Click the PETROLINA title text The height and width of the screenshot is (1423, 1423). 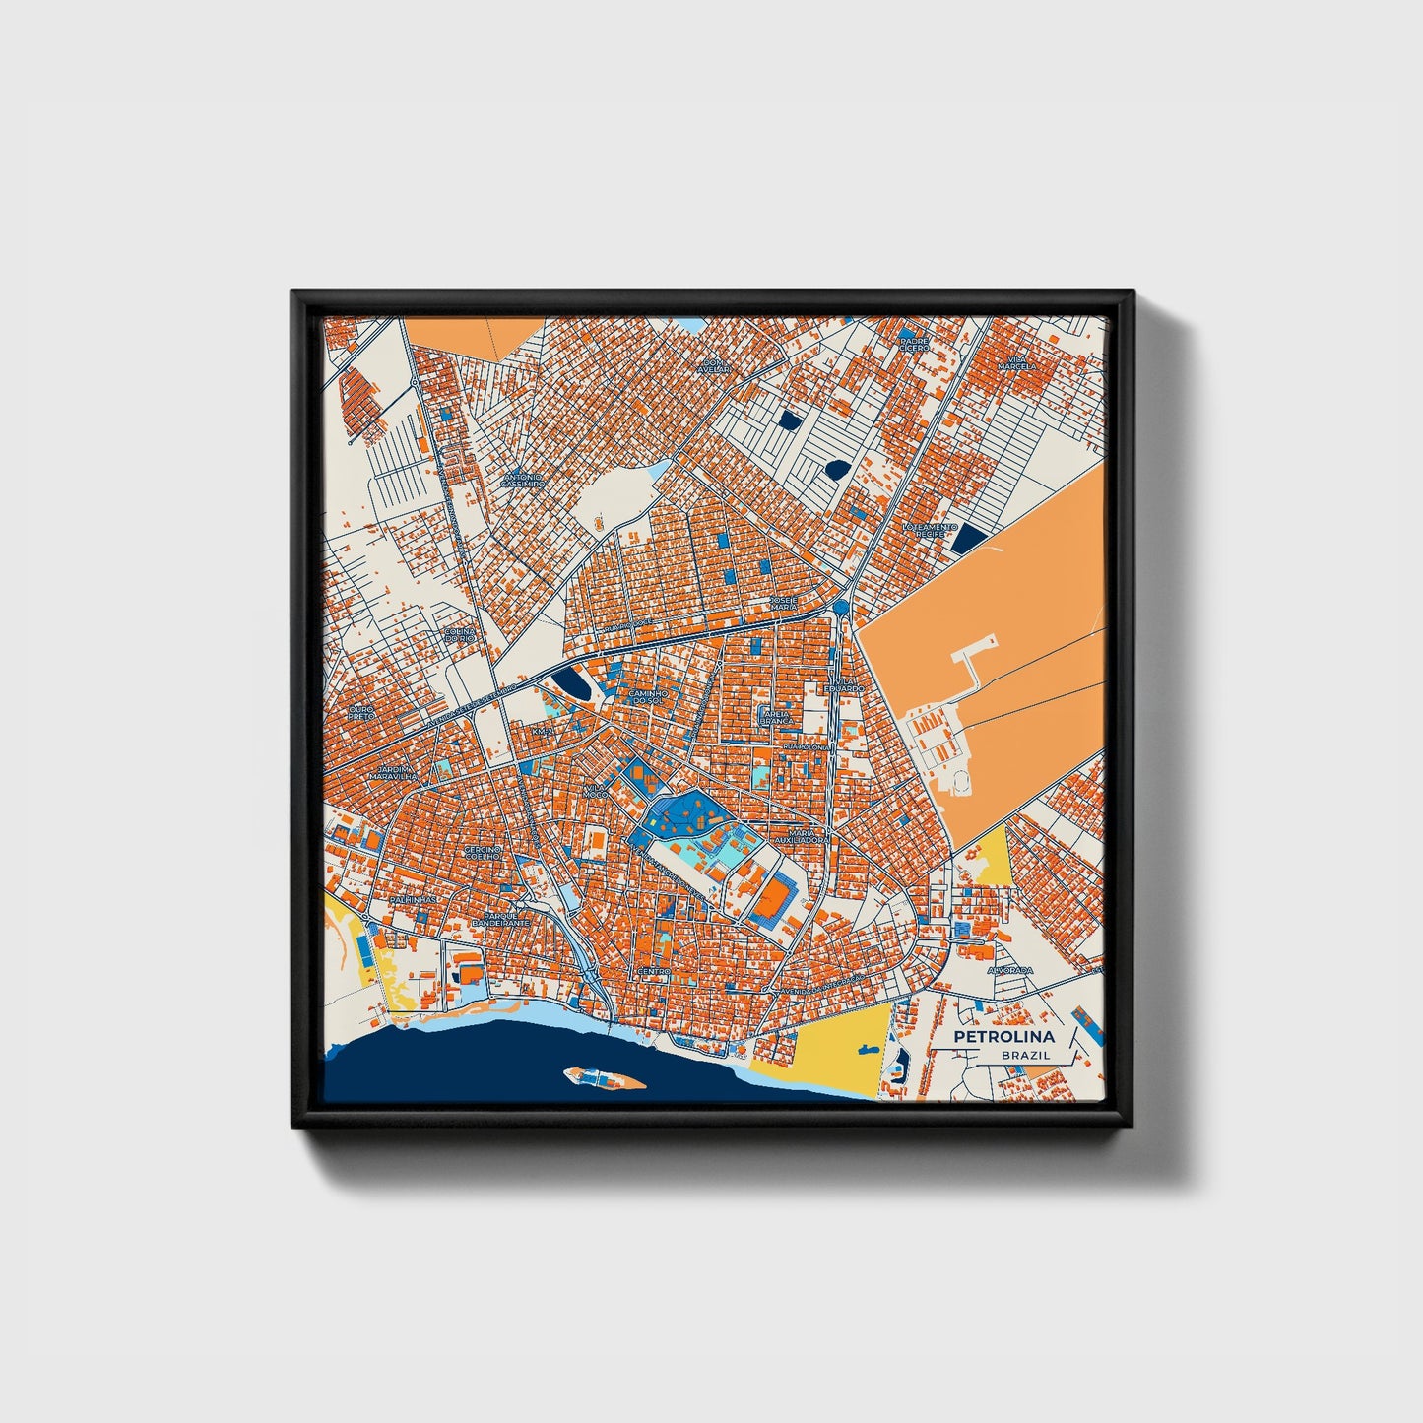click(x=1003, y=1036)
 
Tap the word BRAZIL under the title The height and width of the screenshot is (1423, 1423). click(x=1025, y=1055)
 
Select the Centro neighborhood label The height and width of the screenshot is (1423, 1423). click(x=654, y=971)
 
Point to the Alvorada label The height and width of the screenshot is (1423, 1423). click(x=1010, y=970)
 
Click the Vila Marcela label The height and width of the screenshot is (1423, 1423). click(x=1016, y=361)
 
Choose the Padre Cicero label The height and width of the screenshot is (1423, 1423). click(x=914, y=345)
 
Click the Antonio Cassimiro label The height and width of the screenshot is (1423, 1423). click(x=522, y=481)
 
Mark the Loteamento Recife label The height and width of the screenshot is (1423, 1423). click(x=930, y=530)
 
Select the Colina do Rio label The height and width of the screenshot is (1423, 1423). click(x=460, y=635)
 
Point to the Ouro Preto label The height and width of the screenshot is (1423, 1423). click(x=361, y=711)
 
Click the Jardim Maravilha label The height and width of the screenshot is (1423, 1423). click(x=393, y=772)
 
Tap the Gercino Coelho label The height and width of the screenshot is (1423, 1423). click(x=483, y=852)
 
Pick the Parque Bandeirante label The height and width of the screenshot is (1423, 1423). click(x=500, y=918)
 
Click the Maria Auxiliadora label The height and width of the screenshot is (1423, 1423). click(x=802, y=836)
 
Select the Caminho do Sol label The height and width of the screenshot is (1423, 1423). click(x=648, y=696)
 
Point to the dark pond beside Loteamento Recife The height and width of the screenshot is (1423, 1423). click(x=970, y=537)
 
